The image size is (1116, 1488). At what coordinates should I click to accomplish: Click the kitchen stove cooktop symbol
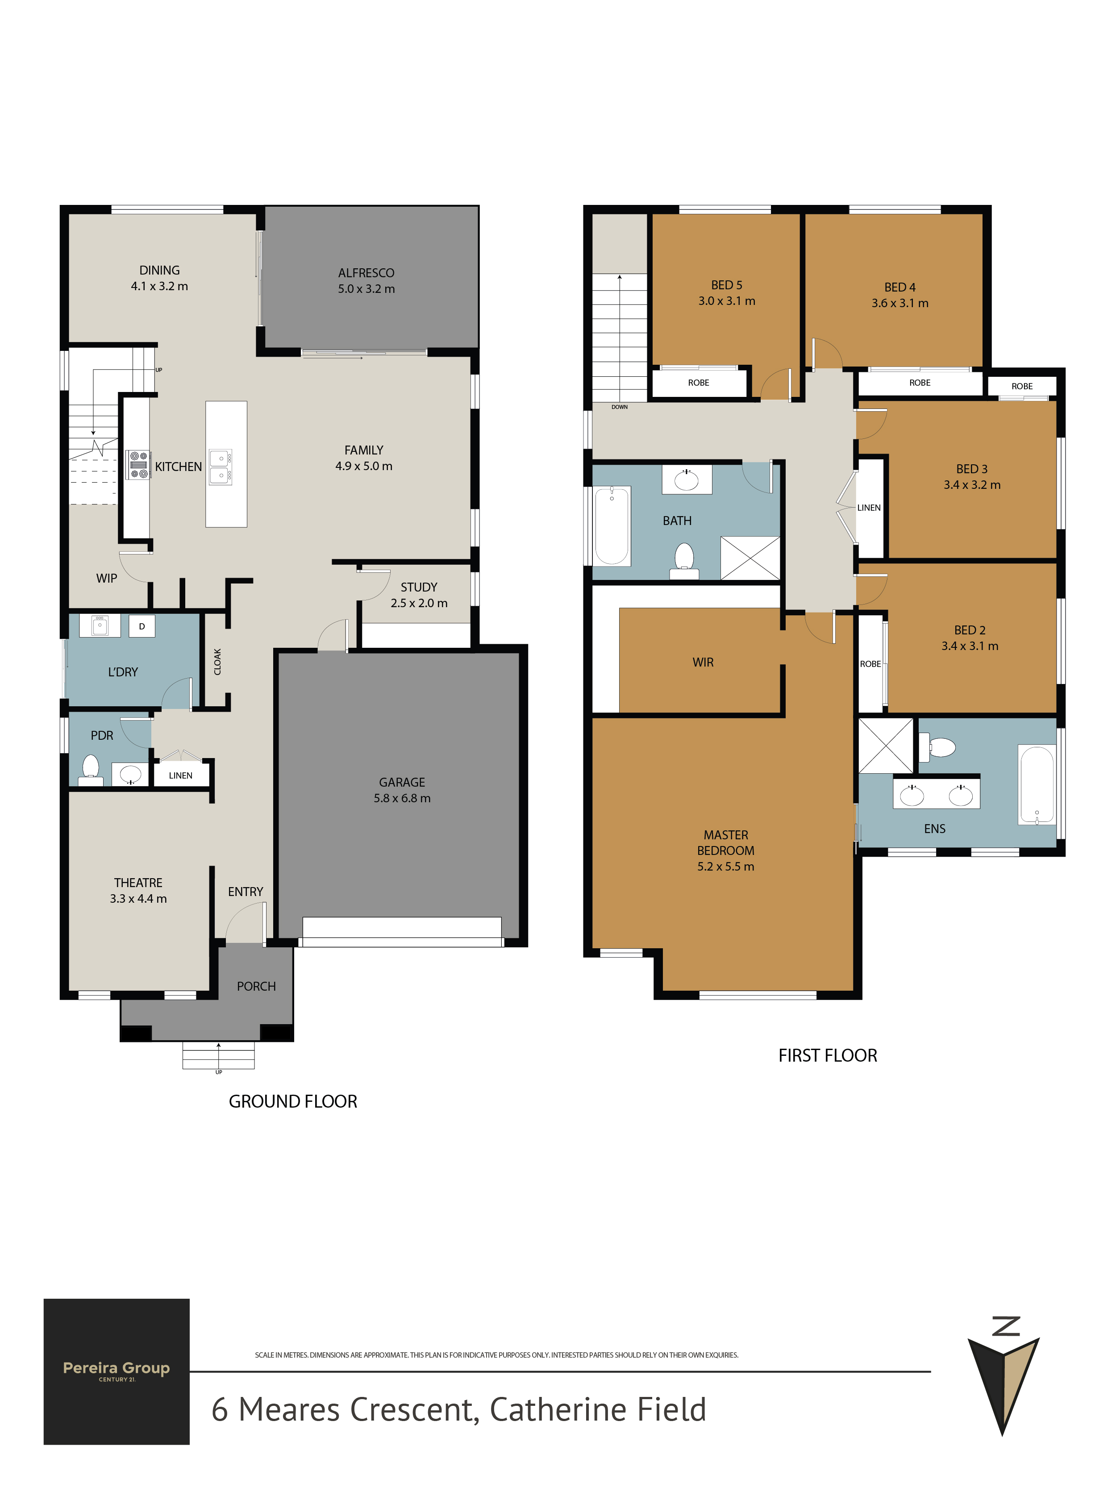pyautogui.click(x=138, y=465)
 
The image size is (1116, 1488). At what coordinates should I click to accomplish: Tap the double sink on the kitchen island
pyautogui.click(x=220, y=467)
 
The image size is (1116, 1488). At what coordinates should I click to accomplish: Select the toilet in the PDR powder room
pyautogui.click(x=90, y=770)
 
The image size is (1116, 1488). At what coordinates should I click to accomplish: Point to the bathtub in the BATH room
pyautogui.click(x=612, y=526)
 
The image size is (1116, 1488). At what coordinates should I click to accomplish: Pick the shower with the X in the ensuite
pyautogui.click(x=885, y=746)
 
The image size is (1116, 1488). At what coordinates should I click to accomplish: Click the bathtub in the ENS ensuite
pyautogui.click(x=1037, y=784)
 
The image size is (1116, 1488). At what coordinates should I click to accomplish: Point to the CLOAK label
pyautogui.click(x=217, y=662)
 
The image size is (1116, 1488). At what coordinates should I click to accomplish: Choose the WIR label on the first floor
pyautogui.click(x=703, y=663)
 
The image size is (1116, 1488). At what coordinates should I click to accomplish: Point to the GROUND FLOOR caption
pyautogui.click(x=293, y=1101)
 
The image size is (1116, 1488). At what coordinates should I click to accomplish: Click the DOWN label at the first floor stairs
pyautogui.click(x=620, y=407)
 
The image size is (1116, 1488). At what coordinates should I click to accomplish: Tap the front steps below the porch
pyautogui.click(x=219, y=1055)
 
